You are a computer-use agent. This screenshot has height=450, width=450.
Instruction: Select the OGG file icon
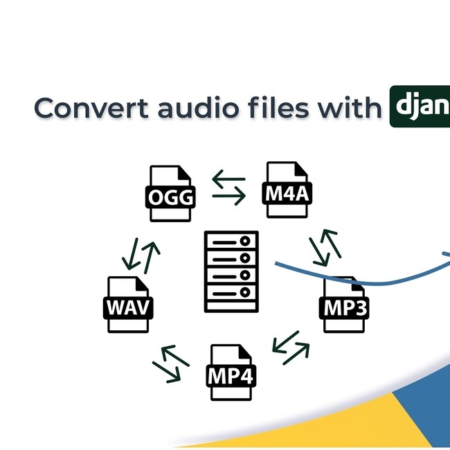coord(170,194)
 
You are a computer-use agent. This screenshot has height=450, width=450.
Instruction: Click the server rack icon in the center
coord(231,271)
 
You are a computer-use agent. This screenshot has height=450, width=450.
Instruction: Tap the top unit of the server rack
coord(231,243)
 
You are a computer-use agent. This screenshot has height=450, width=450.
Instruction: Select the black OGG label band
coord(170,199)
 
